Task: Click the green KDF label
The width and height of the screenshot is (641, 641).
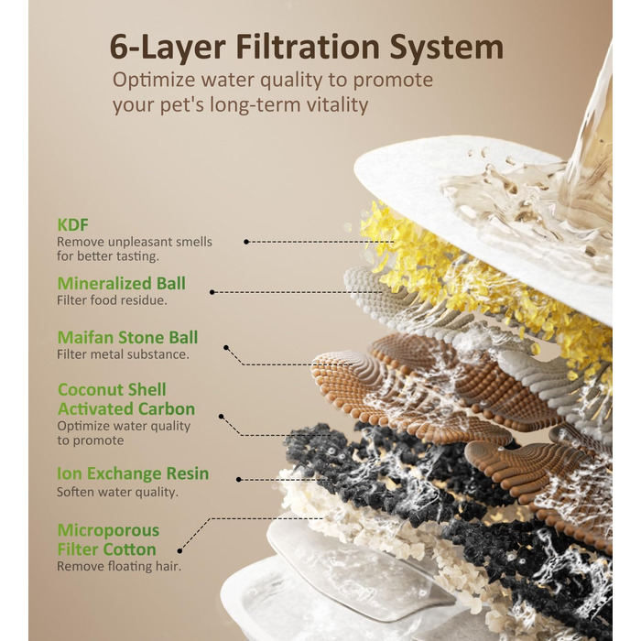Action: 72,225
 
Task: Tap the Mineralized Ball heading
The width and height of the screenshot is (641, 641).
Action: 122,283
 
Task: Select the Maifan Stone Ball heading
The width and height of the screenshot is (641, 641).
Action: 127,338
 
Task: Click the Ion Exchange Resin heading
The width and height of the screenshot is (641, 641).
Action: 133,473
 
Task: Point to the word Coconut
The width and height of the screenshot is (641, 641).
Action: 88,389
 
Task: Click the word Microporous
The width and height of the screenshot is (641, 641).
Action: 108,530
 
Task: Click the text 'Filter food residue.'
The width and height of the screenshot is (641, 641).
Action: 112,300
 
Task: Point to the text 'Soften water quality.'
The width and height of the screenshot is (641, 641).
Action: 118,492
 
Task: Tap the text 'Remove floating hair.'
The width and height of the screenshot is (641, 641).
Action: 119,566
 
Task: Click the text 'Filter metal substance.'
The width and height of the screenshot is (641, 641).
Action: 123,354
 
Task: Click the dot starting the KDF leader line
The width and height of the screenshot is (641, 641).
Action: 246,242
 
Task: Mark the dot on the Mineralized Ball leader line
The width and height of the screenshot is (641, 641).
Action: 212,292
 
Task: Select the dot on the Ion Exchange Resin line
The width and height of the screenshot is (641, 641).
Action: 239,480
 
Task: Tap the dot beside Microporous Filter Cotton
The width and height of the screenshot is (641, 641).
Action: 179,551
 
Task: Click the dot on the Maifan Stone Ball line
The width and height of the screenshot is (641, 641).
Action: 226,348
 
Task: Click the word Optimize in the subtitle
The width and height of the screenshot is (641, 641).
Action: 154,81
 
